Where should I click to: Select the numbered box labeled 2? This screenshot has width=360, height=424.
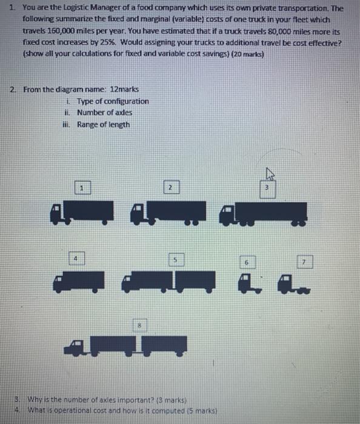(x=171, y=188)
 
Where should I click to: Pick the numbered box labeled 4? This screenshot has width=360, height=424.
(x=75, y=257)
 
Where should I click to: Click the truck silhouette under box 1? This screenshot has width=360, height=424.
(x=83, y=211)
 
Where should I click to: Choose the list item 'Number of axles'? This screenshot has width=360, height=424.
(x=104, y=112)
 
